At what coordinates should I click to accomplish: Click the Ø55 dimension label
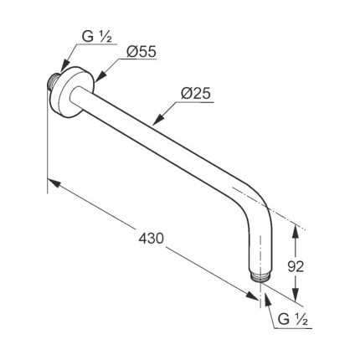pyautogui.click(x=141, y=52)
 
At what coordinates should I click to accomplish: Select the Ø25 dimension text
pyautogui.click(x=195, y=94)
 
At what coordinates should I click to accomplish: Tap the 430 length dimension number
pyautogui.click(x=151, y=239)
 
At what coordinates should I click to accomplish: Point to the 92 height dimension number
pyautogui.click(x=296, y=267)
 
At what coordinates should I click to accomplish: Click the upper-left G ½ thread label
pyautogui.click(x=97, y=37)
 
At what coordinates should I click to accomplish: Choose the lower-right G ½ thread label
pyautogui.click(x=293, y=319)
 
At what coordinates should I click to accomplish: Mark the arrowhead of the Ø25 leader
pyautogui.click(x=158, y=119)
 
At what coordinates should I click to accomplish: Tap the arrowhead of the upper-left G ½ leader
pyautogui.click(x=64, y=65)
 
